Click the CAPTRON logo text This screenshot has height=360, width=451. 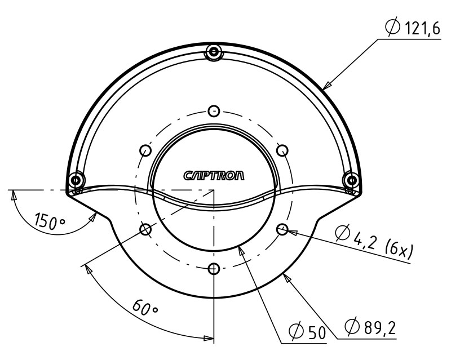coord(214,176)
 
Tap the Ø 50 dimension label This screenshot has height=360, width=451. coord(307,332)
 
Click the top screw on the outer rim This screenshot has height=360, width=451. coord(213,52)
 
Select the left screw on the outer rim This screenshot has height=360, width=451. coord(75,180)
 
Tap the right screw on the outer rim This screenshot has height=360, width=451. coord(351,180)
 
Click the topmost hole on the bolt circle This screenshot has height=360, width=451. coord(213,109)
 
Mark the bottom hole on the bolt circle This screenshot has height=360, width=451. coord(213,268)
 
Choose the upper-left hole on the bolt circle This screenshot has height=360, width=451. coord(145,150)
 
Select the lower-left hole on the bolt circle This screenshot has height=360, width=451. coord(145,229)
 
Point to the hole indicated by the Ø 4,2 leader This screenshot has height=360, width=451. coord(282,229)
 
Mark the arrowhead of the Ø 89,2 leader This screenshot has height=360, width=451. coord(287,274)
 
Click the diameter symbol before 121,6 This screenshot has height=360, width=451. coord(392,26)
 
